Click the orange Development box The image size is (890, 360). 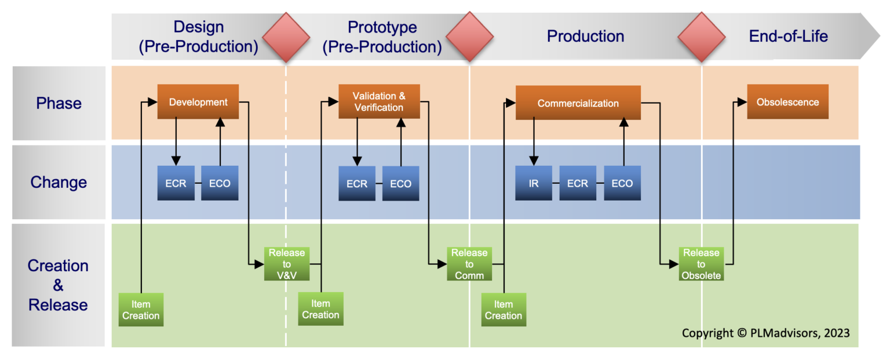pyautogui.click(x=198, y=102)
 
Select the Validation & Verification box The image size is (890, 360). pyautogui.click(x=379, y=102)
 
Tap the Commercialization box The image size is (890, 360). pyautogui.click(x=578, y=103)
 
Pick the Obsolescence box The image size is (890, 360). pyautogui.click(x=787, y=102)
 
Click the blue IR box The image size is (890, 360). pyautogui.click(x=534, y=183)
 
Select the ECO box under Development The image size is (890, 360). pyautogui.click(x=220, y=183)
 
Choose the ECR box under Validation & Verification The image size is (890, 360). pyautogui.click(x=357, y=183)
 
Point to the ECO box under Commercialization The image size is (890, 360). pyautogui.click(x=622, y=183)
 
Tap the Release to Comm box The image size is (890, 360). pyautogui.click(x=469, y=264)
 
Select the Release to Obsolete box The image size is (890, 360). pyautogui.click(x=701, y=264)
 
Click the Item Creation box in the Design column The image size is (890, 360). pyautogui.click(x=141, y=310)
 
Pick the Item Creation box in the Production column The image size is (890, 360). pyautogui.click(x=504, y=310)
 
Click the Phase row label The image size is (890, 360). pyautogui.click(x=59, y=103)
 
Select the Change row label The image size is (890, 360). pyautogui.click(x=59, y=182)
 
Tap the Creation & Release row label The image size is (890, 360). pyautogui.click(x=59, y=285)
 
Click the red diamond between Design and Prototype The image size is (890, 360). pyautogui.click(x=286, y=37)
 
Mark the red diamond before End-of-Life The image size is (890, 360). pyautogui.click(x=702, y=37)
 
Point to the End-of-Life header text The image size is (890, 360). pyautogui.click(x=788, y=37)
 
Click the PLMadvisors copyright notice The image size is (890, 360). pyautogui.click(x=765, y=333)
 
